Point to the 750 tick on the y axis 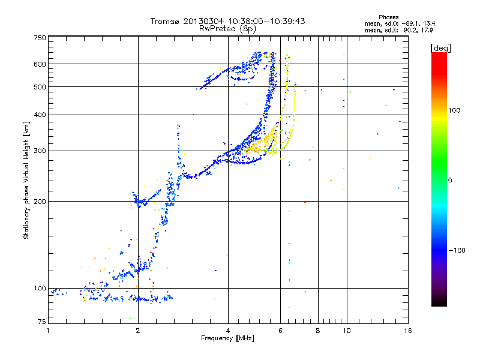[x=40, y=38]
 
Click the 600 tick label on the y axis [x=40, y=64]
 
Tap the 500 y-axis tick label [x=40, y=87]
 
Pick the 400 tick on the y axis [x=40, y=115]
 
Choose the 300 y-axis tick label [x=40, y=151]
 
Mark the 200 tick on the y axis [x=40, y=201]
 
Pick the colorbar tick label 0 [x=450, y=180]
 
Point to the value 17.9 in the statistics [x=427, y=29]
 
